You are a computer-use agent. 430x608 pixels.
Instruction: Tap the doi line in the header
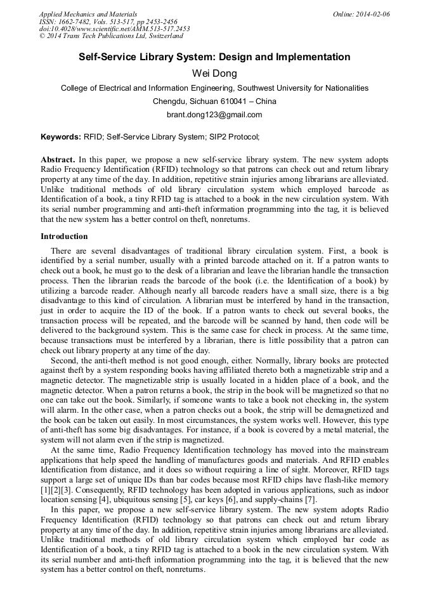(x=114, y=29)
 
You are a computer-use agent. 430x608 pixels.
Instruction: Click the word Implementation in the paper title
(x=313, y=57)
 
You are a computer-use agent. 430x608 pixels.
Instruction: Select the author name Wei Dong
(x=214, y=74)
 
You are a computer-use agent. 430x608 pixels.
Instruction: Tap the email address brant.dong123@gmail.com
(x=214, y=115)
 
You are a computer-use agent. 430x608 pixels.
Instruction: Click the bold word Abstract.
(x=58, y=159)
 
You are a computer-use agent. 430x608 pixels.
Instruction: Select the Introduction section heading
(x=64, y=236)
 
